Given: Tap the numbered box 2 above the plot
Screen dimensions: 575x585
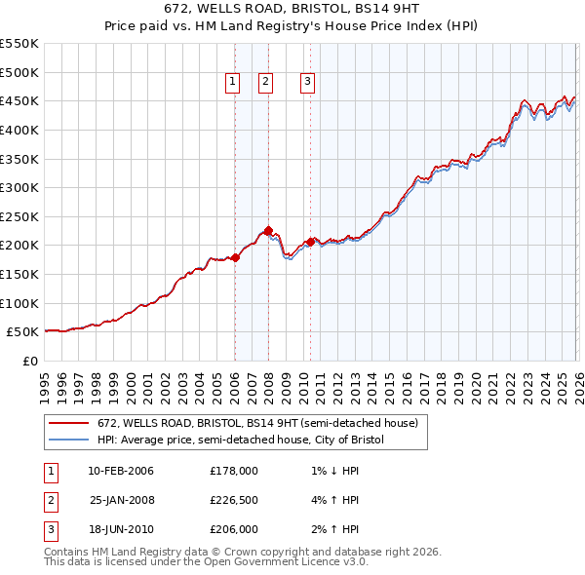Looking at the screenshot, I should click(x=265, y=83).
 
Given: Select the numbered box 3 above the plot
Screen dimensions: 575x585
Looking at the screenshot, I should click(x=307, y=83).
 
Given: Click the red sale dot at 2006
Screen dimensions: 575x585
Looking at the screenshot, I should click(x=235, y=257).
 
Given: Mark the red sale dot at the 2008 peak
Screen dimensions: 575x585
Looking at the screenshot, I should click(x=268, y=230).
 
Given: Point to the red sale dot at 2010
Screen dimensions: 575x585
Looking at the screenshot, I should click(x=310, y=242).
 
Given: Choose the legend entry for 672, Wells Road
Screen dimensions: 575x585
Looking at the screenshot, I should click(x=257, y=423).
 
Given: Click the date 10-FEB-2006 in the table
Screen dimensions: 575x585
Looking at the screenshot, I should click(x=120, y=472).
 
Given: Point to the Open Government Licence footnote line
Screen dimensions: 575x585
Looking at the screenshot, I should click(x=207, y=562).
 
